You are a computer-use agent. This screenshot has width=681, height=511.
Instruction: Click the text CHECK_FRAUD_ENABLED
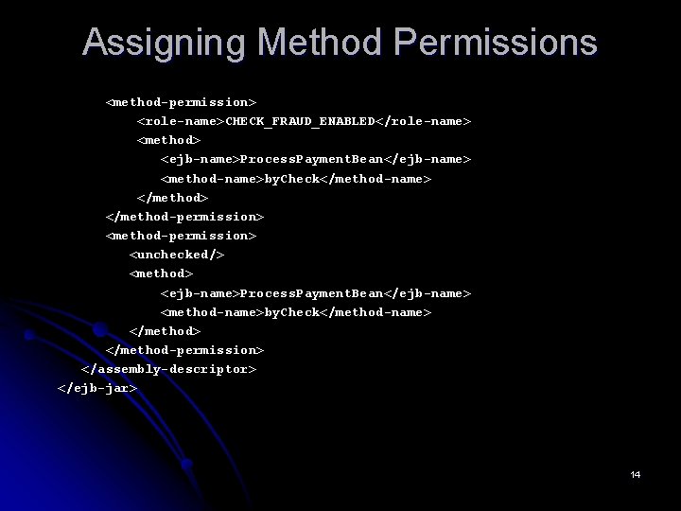coord(300,121)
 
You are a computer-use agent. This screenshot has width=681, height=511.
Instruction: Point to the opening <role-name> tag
coord(181,121)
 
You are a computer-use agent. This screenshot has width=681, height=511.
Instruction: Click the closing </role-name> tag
coord(424,121)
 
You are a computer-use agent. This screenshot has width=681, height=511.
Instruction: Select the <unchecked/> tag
coord(177,255)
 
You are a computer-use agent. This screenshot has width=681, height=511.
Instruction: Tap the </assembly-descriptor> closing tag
coord(169,369)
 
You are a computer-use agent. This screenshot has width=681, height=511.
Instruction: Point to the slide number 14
coord(636,474)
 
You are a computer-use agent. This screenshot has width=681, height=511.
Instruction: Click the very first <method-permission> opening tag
coord(181,101)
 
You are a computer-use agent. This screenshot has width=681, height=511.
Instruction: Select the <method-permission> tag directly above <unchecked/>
coord(181,236)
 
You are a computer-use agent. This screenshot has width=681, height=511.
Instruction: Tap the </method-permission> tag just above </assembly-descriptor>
coord(184,350)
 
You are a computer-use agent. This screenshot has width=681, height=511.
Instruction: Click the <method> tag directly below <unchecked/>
coord(161,273)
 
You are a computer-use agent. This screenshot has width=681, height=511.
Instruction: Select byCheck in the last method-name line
coord(291,312)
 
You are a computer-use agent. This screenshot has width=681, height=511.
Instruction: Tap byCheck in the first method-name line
coord(291,179)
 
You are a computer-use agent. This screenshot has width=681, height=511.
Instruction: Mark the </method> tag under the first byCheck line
coord(172,198)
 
